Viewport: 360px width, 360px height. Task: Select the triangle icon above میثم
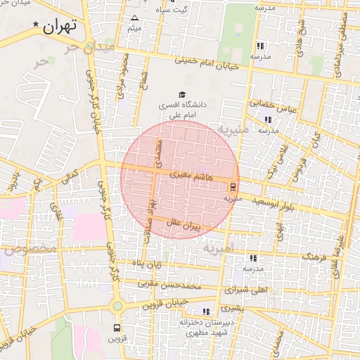pos(134,18)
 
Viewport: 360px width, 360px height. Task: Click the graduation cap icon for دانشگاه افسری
pos(182,94)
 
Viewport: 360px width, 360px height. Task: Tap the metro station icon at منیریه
pos(232,186)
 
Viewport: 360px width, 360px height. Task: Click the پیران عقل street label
pos(184,224)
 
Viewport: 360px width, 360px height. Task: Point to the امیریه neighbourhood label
pos(217,248)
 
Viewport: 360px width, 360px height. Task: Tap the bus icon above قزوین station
pos(117,328)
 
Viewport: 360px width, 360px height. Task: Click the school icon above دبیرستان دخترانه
pos(206,311)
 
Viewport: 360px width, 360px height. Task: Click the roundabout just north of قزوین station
pos(117,306)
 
